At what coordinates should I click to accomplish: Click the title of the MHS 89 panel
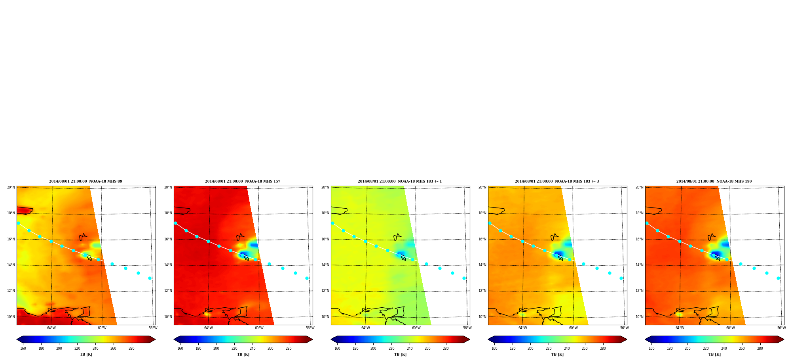(85, 181)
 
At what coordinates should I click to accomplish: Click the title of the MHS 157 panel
(243, 181)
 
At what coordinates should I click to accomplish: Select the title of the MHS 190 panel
(714, 181)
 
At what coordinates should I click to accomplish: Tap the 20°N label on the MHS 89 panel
(11, 187)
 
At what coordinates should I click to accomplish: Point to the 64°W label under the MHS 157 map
(208, 328)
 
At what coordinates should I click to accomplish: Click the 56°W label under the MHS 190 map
(781, 328)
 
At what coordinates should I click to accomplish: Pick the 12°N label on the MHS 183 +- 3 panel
(482, 291)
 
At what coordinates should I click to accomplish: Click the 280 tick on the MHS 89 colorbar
(131, 349)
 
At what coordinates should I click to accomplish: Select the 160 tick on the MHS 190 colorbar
(651, 349)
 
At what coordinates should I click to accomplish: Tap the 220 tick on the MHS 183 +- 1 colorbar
(391, 349)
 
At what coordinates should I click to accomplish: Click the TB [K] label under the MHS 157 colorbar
(243, 354)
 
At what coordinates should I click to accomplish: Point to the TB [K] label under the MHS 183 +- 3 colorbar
(557, 354)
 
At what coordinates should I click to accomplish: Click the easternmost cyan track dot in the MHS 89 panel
(150, 278)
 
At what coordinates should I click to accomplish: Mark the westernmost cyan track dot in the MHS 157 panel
(175, 223)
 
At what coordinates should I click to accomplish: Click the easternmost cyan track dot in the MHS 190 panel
(778, 278)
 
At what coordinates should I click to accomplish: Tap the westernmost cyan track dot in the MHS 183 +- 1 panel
(332, 223)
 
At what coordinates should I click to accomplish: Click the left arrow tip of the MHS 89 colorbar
(17, 339)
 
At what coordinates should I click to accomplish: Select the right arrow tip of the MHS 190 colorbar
(784, 339)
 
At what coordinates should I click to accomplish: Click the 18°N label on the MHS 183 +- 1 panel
(325, 213)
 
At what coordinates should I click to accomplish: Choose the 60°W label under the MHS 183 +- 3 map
(573, 328)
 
